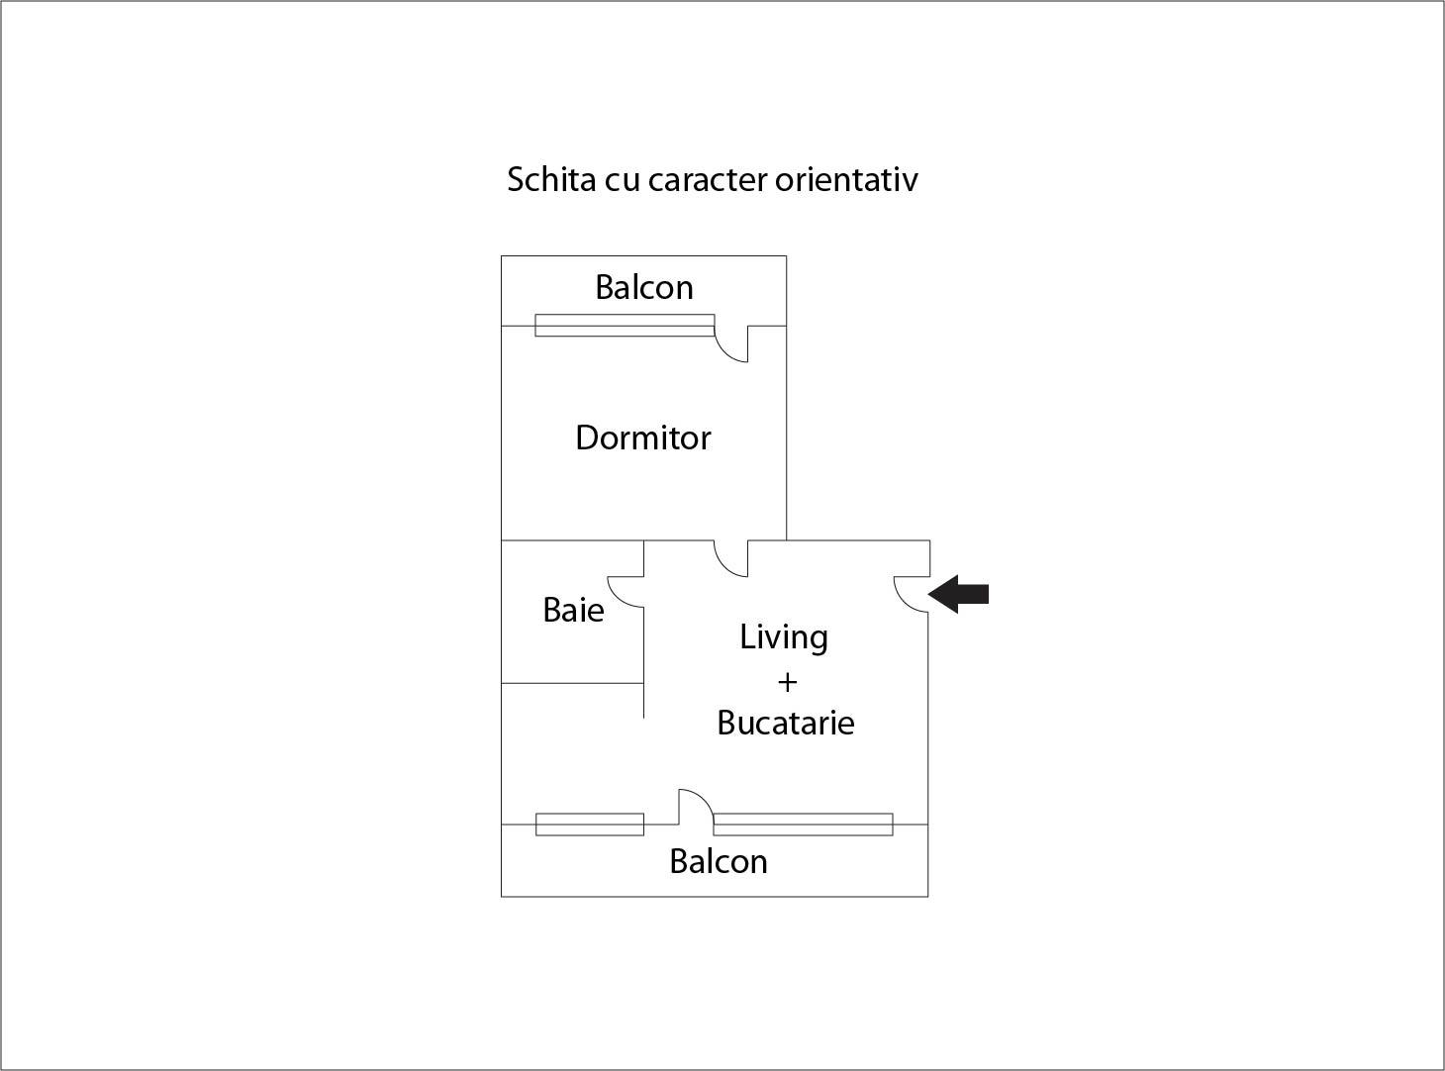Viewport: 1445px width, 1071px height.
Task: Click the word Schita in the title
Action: [x=551, y=179]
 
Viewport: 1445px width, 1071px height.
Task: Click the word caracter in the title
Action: [x=709, y=181]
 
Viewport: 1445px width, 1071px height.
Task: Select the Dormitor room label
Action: [x=643, y=438]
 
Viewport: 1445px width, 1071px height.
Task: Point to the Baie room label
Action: [x=573, y=610]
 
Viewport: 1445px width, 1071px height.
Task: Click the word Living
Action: [x=784, y=637]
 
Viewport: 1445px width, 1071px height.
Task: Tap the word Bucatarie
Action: [x=786, y=723]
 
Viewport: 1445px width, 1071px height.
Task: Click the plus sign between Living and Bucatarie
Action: [x=787, y=683]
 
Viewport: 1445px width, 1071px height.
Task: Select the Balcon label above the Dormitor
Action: [x=644, y=287]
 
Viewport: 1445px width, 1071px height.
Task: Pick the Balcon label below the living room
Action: [x=719, y=862]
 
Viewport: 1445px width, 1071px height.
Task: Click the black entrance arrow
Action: [x=958, y=594]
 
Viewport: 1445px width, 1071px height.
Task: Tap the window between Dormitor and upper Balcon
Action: [x=625, y=326]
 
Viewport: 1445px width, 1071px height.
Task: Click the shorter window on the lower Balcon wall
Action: [x=590, y=825]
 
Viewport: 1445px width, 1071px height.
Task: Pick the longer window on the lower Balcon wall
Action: [x=804, y=825]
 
